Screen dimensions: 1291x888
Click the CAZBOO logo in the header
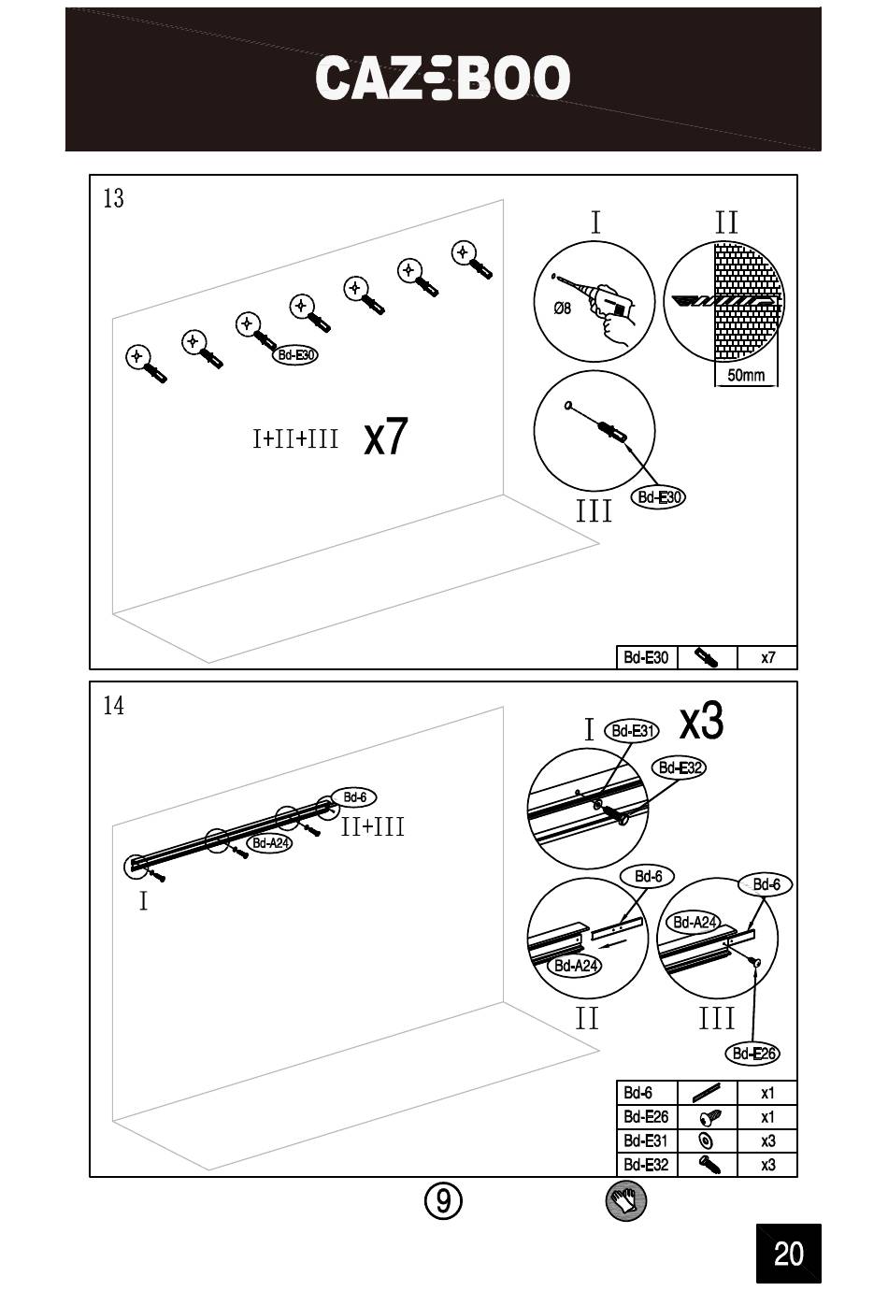pos(442,78)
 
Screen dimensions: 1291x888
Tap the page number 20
pos(788,1253)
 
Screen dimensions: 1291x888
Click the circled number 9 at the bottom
pos(443,1200)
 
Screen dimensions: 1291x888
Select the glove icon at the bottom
pos(625,1200)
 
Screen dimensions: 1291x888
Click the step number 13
pos(113,199)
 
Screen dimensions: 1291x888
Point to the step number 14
pos(113,706)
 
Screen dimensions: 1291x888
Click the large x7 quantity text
pos(385,437)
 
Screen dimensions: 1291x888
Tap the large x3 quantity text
pos(701,721)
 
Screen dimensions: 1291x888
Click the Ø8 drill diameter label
pos(562,308)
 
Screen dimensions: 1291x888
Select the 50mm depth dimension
pos(746,376)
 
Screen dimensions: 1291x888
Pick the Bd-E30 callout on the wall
pos(296,355)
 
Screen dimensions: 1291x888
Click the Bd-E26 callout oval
pos(752,1054)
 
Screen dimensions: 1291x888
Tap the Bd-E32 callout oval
pos(680,767)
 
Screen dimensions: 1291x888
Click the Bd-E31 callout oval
pos(633,731)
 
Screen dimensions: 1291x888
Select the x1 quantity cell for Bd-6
pos(767,1093)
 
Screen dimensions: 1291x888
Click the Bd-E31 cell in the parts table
pos(645,1141)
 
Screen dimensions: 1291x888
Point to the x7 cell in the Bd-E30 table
pos(767,658)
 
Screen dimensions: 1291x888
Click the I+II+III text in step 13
pos(295,438)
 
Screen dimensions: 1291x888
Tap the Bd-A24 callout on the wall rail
pos(270,843)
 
